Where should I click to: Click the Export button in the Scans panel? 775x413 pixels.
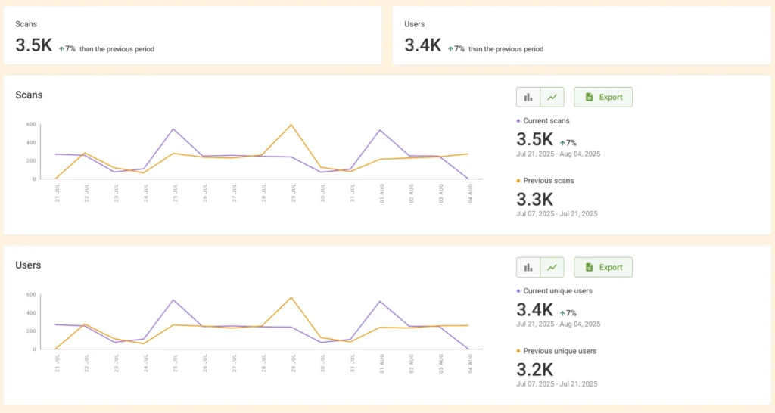pos(602,97)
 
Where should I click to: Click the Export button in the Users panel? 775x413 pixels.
pos(602,267)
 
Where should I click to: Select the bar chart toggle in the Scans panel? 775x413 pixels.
pos(528,97)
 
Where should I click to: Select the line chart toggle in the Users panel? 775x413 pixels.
pos(552,267)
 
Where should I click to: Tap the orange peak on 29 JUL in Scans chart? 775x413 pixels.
pos(291,125)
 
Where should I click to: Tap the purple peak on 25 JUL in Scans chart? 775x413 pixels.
pos(174,129)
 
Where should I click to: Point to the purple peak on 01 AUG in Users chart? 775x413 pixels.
pos(379,301)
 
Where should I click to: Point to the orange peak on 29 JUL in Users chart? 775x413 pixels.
pos(291,297)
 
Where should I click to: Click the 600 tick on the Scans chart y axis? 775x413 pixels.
pos(31,124)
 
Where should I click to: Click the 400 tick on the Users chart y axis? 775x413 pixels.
pos(31,312)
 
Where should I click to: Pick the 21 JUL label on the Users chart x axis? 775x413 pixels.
pos(57,363)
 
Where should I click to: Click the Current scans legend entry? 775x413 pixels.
pos(546,120)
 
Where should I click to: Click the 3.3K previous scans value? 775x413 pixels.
pos(535,200)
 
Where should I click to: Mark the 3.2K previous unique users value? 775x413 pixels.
pos(535,370)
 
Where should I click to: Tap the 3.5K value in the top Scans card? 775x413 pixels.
pos(34,45)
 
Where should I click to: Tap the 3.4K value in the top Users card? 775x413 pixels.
pos(423,45)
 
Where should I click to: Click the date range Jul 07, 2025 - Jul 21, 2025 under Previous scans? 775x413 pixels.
pos(557,213)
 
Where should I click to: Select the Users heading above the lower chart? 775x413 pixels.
pos(28,265)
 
